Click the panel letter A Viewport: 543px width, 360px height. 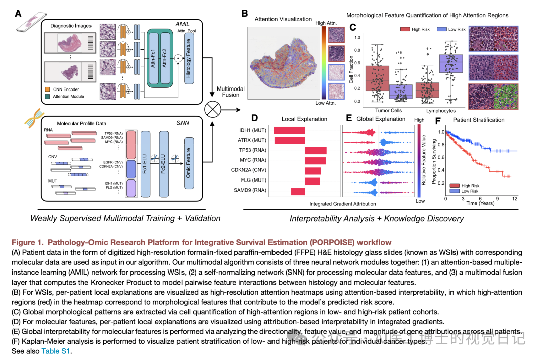[x=18, y=15]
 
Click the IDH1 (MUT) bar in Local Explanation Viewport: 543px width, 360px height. [x=289, y=131]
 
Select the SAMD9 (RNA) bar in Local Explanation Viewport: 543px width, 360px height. [x=298, y=192]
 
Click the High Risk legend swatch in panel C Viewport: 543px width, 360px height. [x=405, y=30]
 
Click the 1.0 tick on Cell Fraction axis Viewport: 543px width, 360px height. [x=357, y=37]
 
